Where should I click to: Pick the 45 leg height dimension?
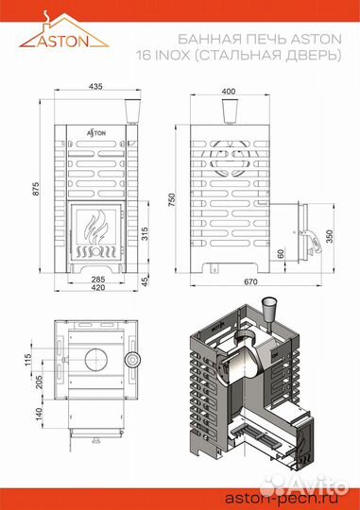pos(145,280)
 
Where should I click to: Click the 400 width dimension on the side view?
pos(228,91)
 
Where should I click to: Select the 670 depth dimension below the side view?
pos(249,282)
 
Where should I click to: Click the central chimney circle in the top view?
pos(95,360)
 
